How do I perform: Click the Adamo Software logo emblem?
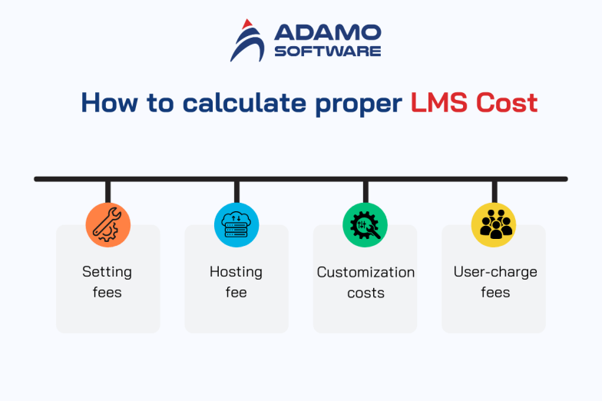(x=247, y=41)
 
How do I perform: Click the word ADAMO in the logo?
(x=327, y=33)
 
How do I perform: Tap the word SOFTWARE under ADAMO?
(x=327, y=51)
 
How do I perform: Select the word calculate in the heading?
(x=245, y=103)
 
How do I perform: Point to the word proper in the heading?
(x=359, y=104)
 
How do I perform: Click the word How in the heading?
(x=109, y=103)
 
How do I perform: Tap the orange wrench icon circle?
(x=107, y=225)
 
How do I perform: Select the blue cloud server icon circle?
(x=237, y=225)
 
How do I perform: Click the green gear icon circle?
(x=365, y=225)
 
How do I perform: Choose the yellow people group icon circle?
(x=495, y=225)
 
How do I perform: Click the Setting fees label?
(x=107, y=282)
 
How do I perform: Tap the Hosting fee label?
(x=237, y=282)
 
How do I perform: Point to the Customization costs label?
(x=365, y=282)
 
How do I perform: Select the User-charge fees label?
(x=495, y=282)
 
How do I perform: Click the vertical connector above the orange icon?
(x=107, y=192)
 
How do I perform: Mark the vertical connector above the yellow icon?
(x=495, y=192)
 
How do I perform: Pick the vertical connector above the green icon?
(x=365, y=192)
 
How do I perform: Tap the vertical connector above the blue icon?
(x=237, y=192)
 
